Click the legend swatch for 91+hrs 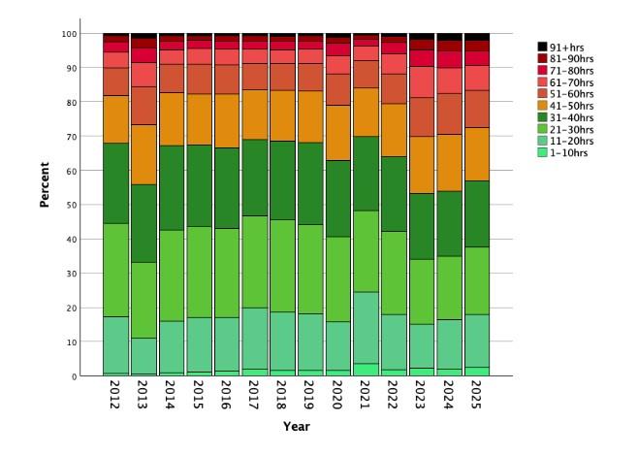click(543, 46)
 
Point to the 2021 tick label click(367, 398)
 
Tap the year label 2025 click(478, 398)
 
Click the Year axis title click(297, 426)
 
